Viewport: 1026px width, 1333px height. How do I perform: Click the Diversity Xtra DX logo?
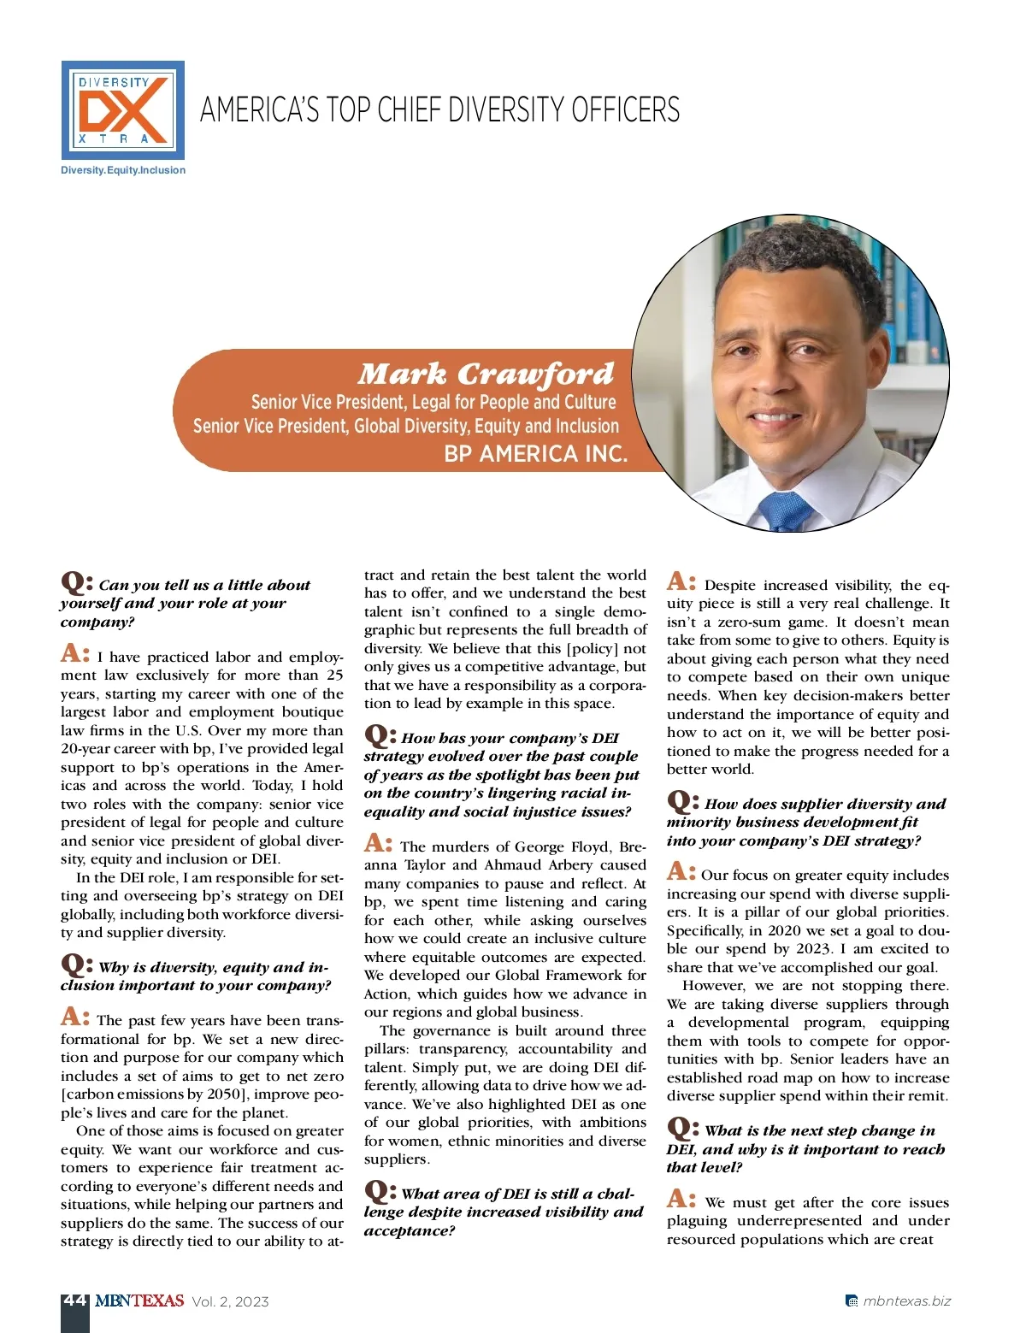click(122, 110)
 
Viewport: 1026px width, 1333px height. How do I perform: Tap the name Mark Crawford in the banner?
click(486, 374)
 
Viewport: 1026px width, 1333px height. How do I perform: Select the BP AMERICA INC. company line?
click(536, 454)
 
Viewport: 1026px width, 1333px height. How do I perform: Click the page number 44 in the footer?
click(74, 1301)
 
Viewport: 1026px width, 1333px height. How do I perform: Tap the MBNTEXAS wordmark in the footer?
click(139, 1301)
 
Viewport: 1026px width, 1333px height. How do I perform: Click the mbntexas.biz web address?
click(906, 1301)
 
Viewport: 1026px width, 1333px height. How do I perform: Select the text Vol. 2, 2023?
click(231, 1302)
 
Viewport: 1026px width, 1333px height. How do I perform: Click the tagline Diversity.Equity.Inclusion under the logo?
click(123, 170)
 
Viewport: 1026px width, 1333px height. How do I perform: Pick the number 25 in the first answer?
click(334, 675)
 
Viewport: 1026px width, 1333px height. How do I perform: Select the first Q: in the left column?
click(76, 583)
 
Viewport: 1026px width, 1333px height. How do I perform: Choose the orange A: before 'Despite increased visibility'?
click(681, 582)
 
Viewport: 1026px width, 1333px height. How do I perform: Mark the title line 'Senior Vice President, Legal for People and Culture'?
click(433, 402)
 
